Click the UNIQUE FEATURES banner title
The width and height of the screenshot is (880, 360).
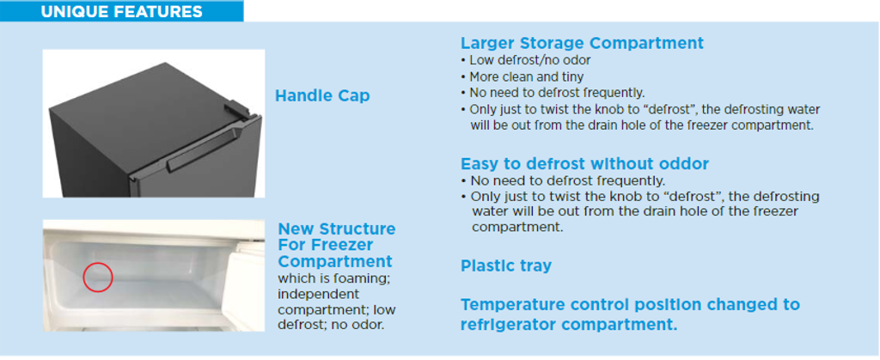coord(121,11)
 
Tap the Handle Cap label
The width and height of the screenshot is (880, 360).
coord(322,96)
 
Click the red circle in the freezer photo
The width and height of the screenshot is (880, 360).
coord(98,277)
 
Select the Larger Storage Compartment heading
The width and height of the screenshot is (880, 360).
coord(582,43)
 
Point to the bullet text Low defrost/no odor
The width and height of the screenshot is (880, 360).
coord(529,60)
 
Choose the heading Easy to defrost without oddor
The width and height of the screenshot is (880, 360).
coord(584,164)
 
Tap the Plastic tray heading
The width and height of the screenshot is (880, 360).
coord(506,265)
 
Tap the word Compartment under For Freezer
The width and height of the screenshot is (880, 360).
coord(335,262)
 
